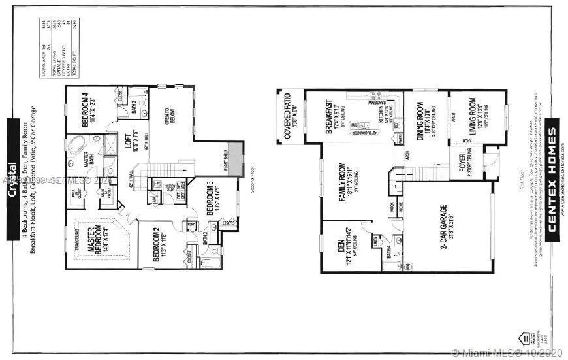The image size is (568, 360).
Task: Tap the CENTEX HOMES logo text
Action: pyautogui.click(x=552, y=185)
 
